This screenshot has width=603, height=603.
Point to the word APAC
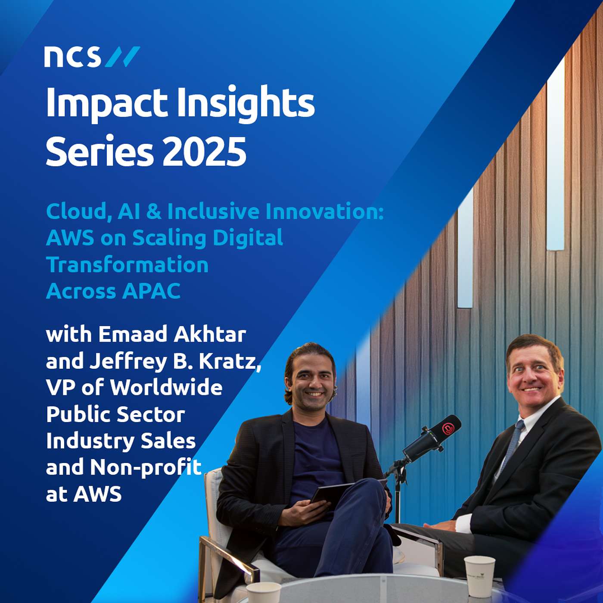(x=151, y=291)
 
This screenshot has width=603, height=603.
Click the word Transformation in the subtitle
(x=127, y=264)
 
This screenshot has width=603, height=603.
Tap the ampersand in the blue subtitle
(x=153, y=211)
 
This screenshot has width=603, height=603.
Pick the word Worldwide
(x=166, y=387)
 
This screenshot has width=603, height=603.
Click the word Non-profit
(x=146, y=467)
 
